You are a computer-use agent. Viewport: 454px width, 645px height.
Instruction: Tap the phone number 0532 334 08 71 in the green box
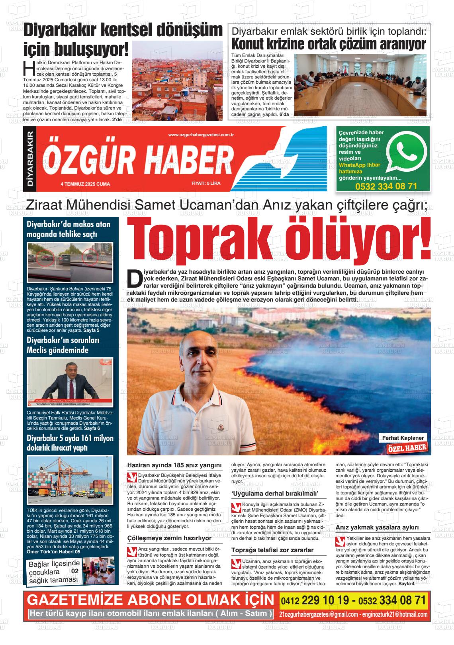click(386, 186)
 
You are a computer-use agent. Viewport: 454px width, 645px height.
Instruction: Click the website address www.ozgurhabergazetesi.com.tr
click(201, 136)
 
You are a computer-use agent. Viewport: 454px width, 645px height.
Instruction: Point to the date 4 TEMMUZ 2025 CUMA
click(85, 184)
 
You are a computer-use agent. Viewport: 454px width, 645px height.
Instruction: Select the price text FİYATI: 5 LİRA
click(205, 184)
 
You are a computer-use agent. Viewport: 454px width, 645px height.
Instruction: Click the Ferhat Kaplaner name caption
click(403, 438)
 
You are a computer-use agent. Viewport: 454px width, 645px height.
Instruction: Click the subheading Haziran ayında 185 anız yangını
click(174, 465)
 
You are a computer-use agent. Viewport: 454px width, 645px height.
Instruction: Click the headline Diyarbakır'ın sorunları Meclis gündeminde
click(63, 345)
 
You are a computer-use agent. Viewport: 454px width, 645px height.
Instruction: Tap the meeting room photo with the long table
click(360, 85)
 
